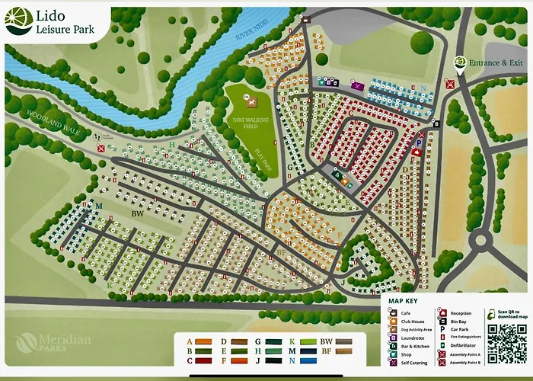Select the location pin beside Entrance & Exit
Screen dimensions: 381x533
tap(459, 64)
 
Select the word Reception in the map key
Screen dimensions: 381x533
tap(461, 313)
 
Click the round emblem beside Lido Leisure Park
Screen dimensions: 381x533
tap(18, 21)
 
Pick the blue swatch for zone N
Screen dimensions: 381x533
tap(308, 361)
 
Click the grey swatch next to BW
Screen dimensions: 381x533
tap(343, 341)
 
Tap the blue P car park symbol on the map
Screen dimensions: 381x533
tap(418, 142)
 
